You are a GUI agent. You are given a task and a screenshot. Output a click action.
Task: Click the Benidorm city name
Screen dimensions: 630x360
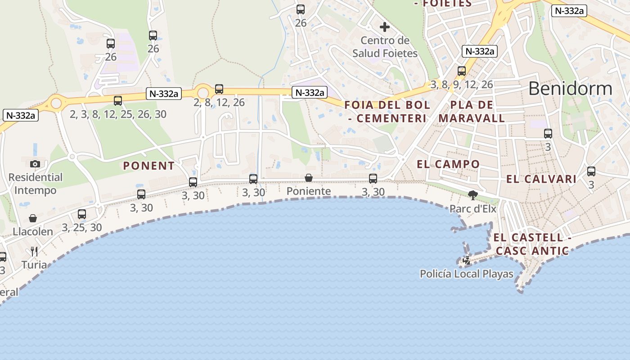coord(570,89)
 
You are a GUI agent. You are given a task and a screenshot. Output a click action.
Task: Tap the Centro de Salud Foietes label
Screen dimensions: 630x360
coord(385,47)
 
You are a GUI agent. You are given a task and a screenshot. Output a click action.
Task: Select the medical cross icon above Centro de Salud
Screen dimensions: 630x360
coord(384,27)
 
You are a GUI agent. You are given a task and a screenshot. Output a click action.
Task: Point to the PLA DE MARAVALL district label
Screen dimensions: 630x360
coord(472,112)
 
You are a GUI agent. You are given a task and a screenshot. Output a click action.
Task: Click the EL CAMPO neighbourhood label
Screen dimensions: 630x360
coord(448,164)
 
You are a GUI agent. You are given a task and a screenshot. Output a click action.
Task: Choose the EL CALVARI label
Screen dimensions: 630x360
coord(541,179)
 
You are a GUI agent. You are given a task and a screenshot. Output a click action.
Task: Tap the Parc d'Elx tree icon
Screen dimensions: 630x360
coord(472,195)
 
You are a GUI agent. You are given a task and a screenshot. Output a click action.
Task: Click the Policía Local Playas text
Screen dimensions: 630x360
coord(467,274)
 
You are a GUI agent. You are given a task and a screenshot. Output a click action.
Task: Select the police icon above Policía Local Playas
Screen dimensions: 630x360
coord(467,260)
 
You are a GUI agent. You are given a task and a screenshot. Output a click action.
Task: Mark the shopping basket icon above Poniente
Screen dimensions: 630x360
coord(309,178)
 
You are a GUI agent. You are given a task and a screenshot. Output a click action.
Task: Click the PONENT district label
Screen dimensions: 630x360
coord(149,166)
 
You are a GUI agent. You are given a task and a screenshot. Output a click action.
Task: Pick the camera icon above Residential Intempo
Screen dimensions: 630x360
coord(35,164)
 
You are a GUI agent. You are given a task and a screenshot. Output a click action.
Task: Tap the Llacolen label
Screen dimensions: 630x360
coord(33,232)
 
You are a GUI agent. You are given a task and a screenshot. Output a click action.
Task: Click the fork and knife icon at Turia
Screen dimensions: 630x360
coord(34,251)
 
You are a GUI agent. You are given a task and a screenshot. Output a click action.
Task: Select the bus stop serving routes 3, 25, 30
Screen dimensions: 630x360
coord(82,214)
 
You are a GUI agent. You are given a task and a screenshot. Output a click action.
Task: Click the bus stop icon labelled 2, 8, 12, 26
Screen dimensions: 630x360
coord(219,89)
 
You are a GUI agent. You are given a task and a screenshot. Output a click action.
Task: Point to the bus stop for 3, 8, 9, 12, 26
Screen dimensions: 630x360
coord(462,71)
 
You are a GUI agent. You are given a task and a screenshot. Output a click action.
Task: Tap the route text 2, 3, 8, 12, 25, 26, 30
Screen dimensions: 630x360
coord(118,114)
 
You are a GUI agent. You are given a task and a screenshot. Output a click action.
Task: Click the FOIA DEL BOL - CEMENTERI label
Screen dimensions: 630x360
coord(387,112)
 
